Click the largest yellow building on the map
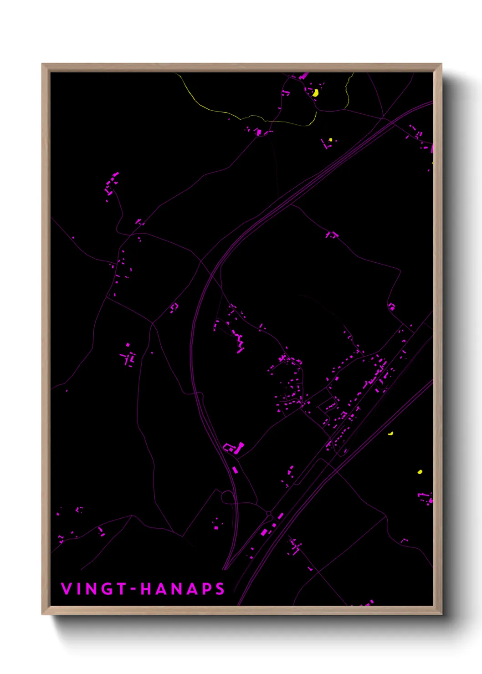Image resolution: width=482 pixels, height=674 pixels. (x=315, y=92)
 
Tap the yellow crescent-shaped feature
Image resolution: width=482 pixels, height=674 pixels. (x=391, y=434)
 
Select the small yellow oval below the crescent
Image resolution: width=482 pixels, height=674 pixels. (x=420, y=472)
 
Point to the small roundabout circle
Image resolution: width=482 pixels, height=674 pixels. (x=269, y=514)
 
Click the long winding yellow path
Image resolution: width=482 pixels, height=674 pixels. (x=237, y=115)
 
